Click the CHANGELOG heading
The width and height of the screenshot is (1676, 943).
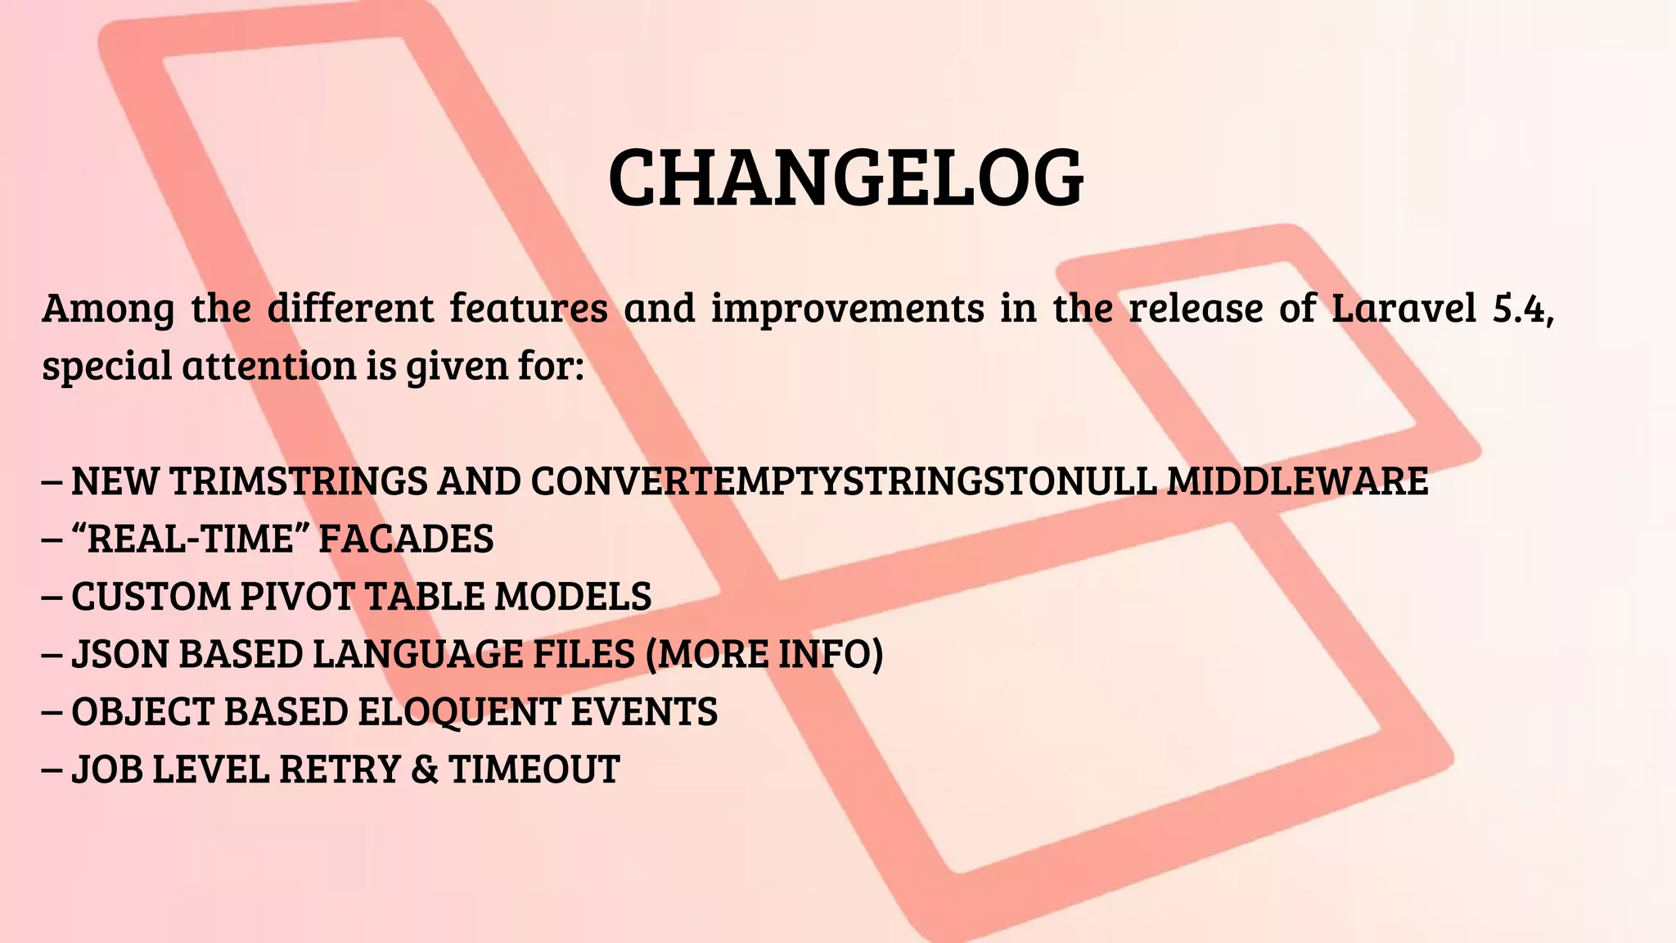(846, 179)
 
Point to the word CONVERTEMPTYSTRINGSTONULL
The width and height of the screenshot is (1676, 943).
(844, 481)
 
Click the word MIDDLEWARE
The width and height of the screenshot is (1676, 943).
(1297, 481)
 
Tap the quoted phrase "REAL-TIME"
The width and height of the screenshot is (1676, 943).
(190, 539)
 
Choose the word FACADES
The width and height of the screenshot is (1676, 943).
(406, 539)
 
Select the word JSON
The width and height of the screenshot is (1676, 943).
(119, 655)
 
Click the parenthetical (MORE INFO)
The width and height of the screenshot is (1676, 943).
(764, 655)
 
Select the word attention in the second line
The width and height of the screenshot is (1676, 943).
(270, 366)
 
